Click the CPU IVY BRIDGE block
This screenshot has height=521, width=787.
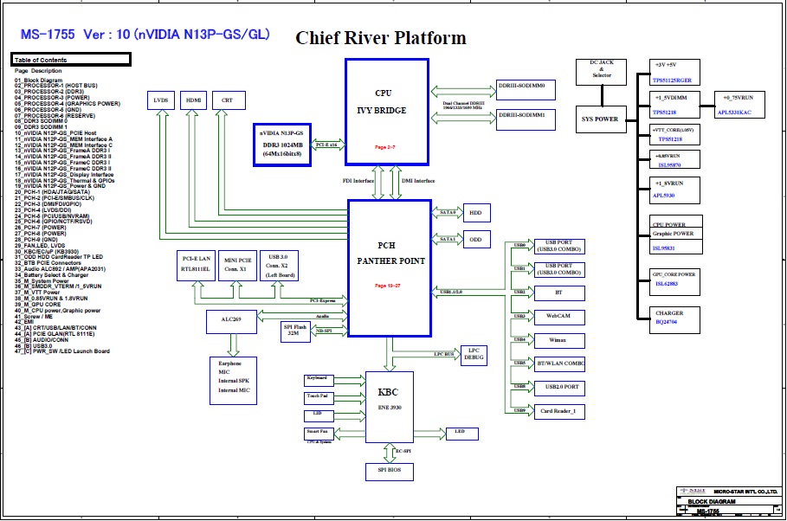click(x=386, y=111)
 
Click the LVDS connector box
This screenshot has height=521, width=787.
click(x=161, y=101)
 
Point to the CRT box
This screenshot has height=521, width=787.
click(x=227, y=101)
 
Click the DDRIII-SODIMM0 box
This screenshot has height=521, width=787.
click(x=526, y=89)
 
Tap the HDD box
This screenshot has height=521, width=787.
click(x=475, y=213)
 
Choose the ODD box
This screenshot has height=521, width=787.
click(x=475, y=240)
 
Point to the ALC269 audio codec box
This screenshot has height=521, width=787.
click(x=231, y=322)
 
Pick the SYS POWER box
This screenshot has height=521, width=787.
click(x=600, y=119)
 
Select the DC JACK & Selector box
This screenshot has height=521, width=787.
click(x=600, y=71)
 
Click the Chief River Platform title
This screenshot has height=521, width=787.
click(x=381, y=38)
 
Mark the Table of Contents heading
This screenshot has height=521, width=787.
click(x=70, y=60)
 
